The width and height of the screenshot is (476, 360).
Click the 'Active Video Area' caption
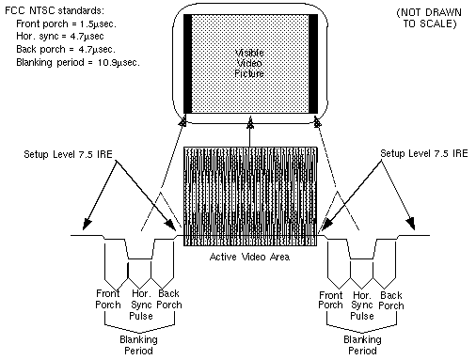click(x=248, y=258)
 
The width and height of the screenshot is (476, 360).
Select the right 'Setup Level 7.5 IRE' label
click(x=422, y=150)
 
